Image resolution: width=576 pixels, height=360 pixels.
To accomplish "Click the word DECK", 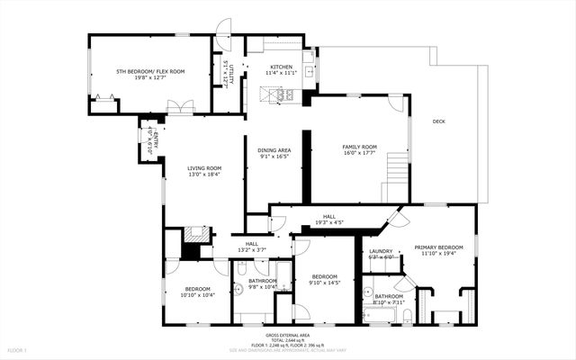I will pos(438,121).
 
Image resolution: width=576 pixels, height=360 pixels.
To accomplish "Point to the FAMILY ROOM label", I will pos(359,147).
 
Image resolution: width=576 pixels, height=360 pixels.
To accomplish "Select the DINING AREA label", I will pos(274,150).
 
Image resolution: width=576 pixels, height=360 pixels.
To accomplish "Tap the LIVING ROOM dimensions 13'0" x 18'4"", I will pos(204,175).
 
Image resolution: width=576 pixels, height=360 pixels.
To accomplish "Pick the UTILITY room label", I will pos(231,71).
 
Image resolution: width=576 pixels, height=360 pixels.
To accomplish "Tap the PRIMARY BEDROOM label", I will pos(438,247).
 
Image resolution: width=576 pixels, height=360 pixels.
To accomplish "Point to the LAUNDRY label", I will pos(381,251).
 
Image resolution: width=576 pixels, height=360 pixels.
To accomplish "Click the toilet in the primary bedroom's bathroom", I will pos(407,315).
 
